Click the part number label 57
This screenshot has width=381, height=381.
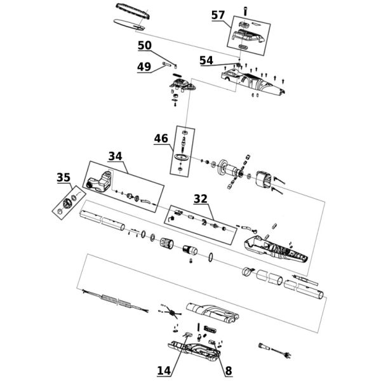click(x=218, y=15)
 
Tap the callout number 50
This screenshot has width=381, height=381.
click(x=145, y=46)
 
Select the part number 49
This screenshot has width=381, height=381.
click(x=144, y=67)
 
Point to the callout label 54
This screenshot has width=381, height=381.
click(x=206, y=60)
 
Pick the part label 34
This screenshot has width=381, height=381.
click(x=115, y=156)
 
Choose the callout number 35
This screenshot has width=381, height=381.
click(x=63, y=178)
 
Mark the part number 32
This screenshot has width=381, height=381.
click(x=201, y=199)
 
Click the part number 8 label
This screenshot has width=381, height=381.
click(x=228, y=369)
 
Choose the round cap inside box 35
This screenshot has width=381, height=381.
click(x=63, y=205)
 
